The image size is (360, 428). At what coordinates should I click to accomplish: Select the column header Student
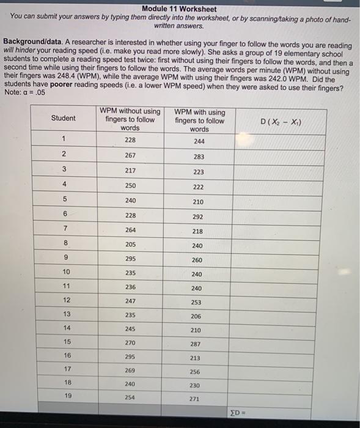click(x=64, y=118)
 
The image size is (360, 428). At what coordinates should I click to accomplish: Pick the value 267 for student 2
click(x=130, y=155)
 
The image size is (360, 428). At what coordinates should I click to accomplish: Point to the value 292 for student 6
click(x=197, y=216)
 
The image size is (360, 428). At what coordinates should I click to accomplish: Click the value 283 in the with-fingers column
click(x=197, y=157)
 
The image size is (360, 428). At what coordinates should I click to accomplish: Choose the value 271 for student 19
click(x=195, y=399)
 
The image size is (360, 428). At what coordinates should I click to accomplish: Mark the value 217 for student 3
click(x=130, y=171)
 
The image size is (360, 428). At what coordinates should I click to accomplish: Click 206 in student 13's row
click(x=196, y=317)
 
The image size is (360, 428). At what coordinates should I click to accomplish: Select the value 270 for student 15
click(x=130, y=343)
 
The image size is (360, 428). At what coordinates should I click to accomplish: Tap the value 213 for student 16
click(x=196, y=358)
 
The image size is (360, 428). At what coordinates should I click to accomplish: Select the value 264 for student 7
click(x=130, y=230)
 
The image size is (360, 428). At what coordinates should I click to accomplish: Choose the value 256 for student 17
click(x=196, y=372)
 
